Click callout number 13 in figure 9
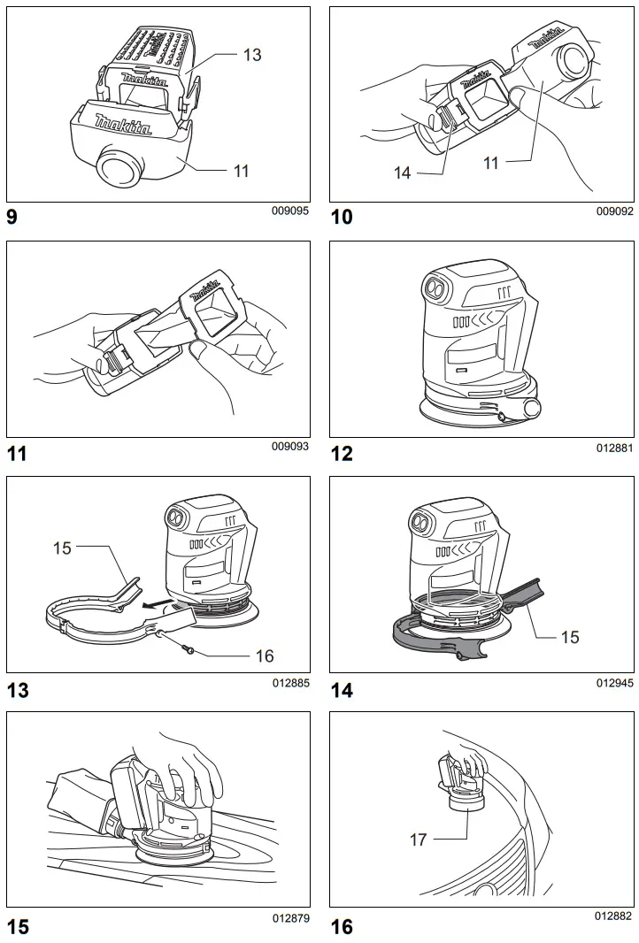tap(252, 55)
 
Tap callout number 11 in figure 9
tap(241, 171)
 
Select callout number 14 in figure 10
tap(403, 173)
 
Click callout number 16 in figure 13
tap(264, 655)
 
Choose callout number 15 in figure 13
tap(62, 548)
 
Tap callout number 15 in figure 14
tap(570, 636)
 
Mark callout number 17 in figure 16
tap(419, 839)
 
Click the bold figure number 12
tap(341, 454)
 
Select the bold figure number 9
tap(12, 218)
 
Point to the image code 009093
tap(290, 447)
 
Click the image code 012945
tap(614, 683)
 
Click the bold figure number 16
tap(341, 926)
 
